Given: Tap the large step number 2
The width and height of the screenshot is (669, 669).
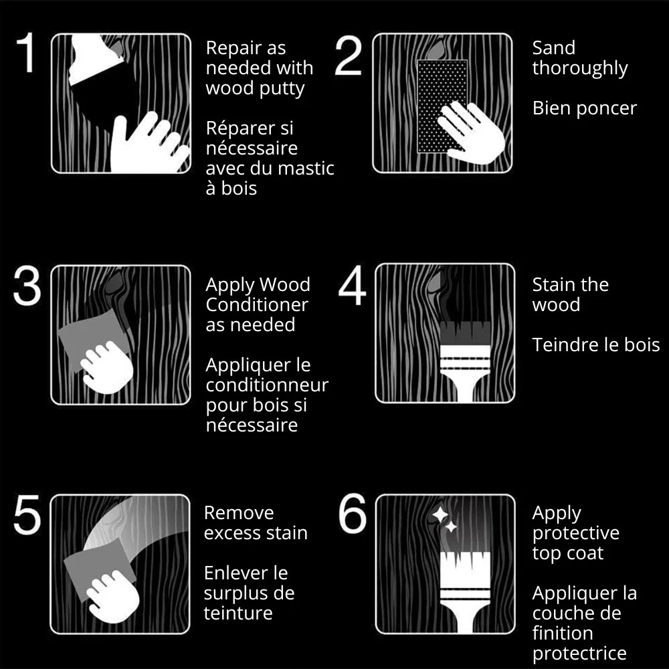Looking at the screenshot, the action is click(x=349, y=56).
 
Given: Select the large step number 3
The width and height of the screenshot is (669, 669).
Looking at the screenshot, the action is click(x=27, y=286).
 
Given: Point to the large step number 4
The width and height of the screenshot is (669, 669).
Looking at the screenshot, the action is click(x=352, y=286).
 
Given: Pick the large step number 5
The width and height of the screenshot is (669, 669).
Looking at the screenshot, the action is click(x=27, y=514).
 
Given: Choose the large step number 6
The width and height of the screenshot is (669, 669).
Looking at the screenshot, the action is click(x=353, y=513).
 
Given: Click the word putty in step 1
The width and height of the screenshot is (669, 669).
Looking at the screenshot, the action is click(x=282, y=90).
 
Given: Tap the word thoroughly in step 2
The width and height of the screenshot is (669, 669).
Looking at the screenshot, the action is click(x=580, y=69).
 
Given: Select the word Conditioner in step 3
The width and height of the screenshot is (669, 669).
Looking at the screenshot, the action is click(x=257, y=304).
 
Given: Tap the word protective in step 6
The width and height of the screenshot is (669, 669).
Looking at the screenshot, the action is click(x=575, y=534).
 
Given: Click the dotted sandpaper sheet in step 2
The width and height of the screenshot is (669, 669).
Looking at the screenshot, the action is click(x=442, y=106).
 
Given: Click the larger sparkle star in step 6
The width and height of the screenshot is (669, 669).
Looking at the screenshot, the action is click(x=440, y=514).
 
